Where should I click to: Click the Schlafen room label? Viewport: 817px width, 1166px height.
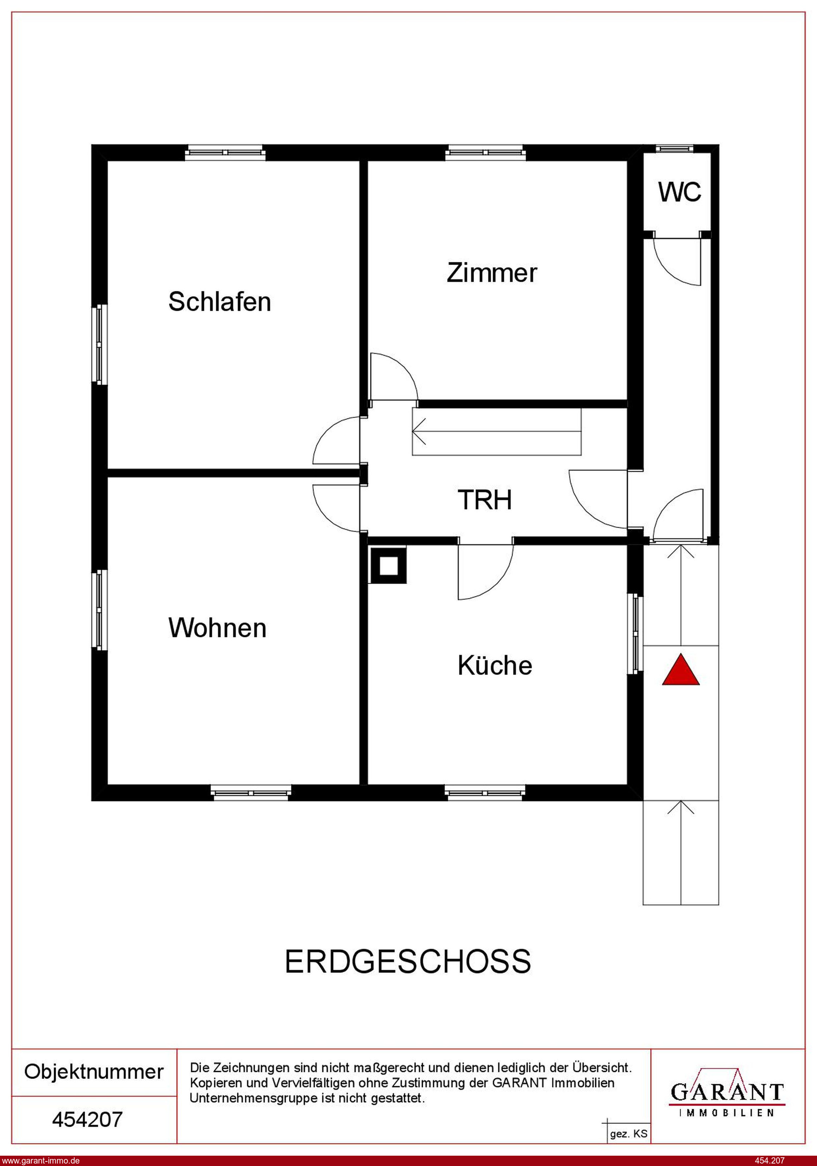220,302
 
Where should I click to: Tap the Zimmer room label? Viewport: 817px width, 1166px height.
491,273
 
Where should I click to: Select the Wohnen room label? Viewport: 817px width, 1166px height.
218,628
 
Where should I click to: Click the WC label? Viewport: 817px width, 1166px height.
680,192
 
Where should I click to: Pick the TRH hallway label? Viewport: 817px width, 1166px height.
485,500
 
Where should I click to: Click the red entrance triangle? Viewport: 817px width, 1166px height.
681,670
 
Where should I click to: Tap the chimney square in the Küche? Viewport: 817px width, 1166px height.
389,565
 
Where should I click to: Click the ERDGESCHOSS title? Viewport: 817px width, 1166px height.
408,961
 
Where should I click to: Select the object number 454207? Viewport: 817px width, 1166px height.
88,1119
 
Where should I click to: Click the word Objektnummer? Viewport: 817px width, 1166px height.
94,1071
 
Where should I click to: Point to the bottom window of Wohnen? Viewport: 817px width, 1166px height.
251,793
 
